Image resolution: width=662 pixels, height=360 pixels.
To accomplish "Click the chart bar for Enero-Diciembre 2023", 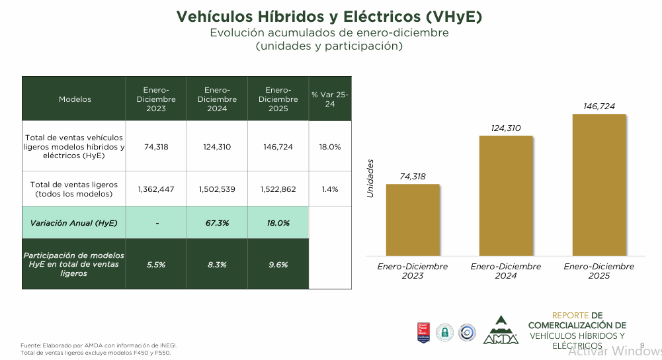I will pos(413,219).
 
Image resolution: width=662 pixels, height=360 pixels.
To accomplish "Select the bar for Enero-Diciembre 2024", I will pos(506,195).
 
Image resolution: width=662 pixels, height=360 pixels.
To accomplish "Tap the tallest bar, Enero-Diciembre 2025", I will pos(599,185).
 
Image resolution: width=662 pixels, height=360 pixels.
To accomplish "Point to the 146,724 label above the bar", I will pos(599,106).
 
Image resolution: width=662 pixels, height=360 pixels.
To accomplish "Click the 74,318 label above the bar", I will pos(413,176).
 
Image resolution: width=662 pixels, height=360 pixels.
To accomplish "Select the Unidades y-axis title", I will pos(370,177).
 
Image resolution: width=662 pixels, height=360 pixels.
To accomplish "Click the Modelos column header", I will pos(75,99).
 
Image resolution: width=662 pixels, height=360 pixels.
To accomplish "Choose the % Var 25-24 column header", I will pos(330,99).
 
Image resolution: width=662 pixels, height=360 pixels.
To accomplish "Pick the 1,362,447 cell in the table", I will pos(156,189).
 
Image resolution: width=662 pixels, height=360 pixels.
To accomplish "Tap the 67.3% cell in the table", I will pos(217,223).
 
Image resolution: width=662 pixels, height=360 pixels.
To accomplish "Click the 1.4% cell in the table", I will pos(330,189).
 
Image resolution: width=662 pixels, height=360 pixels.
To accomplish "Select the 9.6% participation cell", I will pos(278,265).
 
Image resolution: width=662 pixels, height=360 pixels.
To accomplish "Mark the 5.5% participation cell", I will pos(156,265).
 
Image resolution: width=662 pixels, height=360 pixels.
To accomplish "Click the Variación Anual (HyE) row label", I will pos(74,223).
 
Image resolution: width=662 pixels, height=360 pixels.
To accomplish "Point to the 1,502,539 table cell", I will pos(217,189).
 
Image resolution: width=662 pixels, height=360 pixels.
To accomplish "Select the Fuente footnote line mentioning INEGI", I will pos(99,345).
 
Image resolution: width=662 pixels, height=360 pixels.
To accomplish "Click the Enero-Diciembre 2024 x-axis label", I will pos(506,271).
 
